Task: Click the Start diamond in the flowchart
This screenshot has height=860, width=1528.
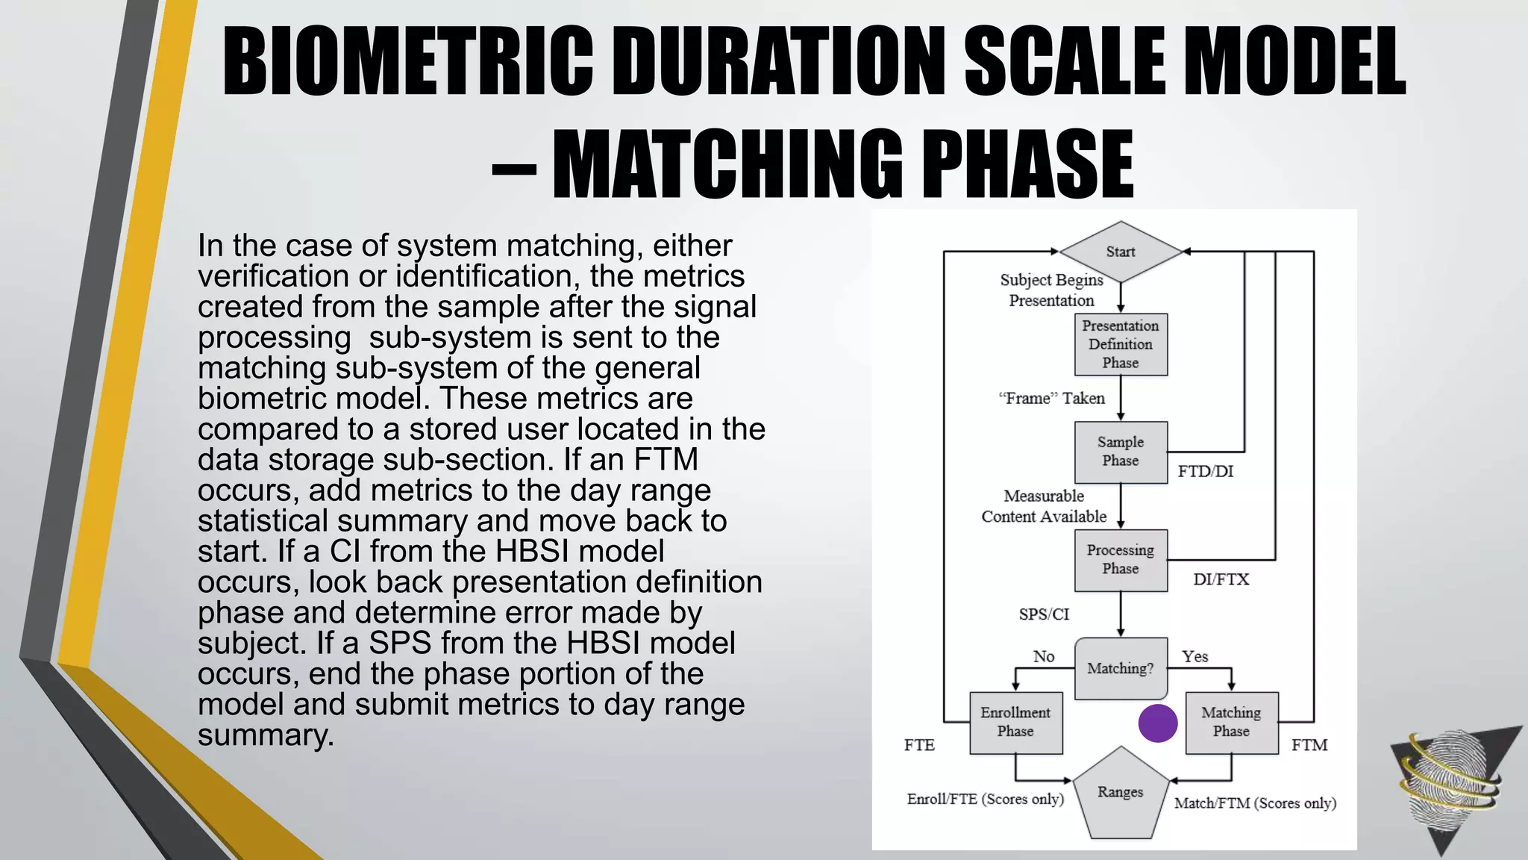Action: point(1120,252)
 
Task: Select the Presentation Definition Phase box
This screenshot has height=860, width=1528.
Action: point(1120,344)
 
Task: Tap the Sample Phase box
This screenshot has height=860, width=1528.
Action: point(1120,452)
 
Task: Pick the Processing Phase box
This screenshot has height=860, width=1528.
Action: point(1120,560)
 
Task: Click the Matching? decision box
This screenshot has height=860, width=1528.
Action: point(1120,668)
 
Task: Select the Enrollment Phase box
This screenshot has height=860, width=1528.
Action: point(1015,722)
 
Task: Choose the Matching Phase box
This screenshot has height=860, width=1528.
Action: point(1231,722)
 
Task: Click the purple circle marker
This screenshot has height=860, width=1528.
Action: point(1158,723)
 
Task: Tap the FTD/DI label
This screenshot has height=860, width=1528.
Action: point(1206,472)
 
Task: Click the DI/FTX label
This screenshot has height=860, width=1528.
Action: point(1221,579)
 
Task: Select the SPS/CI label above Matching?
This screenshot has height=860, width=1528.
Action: point(1044,614)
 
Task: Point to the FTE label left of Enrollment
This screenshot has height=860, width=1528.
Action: point(919,745)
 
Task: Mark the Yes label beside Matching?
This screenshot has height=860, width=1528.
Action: point(1194,656)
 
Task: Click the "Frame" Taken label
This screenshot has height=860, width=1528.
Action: point(1051,399)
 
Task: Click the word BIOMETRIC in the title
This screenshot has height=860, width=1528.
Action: point(408,61)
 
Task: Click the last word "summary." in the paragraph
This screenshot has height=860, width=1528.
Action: point(266,735)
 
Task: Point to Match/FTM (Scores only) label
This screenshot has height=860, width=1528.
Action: point(1255,803)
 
